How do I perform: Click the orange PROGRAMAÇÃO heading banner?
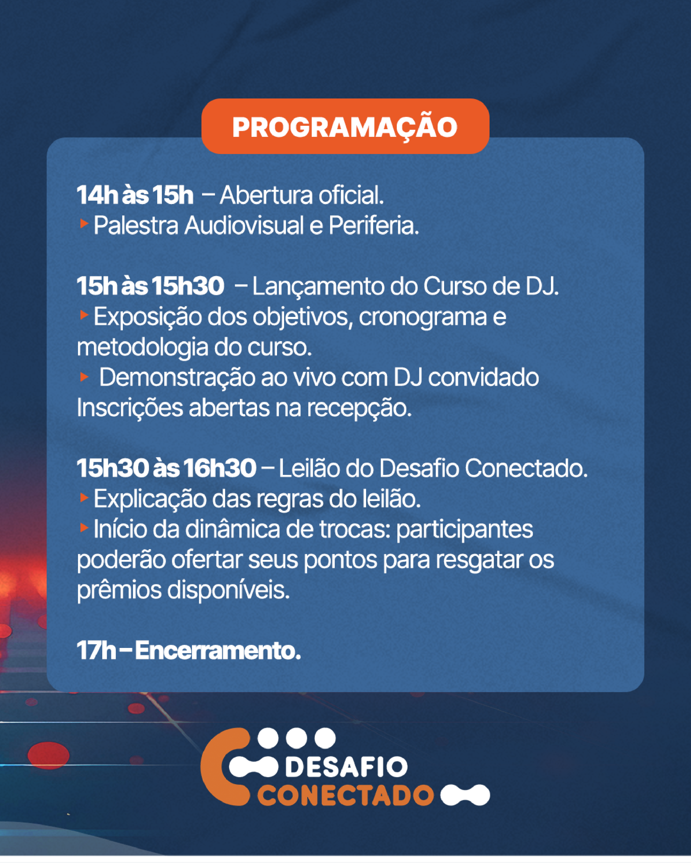point(345,126)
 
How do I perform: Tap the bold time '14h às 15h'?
point(135,195)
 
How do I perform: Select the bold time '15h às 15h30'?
point(150,286)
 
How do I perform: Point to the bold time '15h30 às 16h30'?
point(166,468)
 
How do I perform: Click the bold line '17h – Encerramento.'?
point(189,650)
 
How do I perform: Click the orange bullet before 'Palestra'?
point(84,224)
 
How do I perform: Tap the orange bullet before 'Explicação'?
point(84,497)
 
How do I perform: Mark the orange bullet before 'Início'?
point(84,528)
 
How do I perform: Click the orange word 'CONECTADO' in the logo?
point(345,795)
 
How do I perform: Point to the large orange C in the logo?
point(224,767)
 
